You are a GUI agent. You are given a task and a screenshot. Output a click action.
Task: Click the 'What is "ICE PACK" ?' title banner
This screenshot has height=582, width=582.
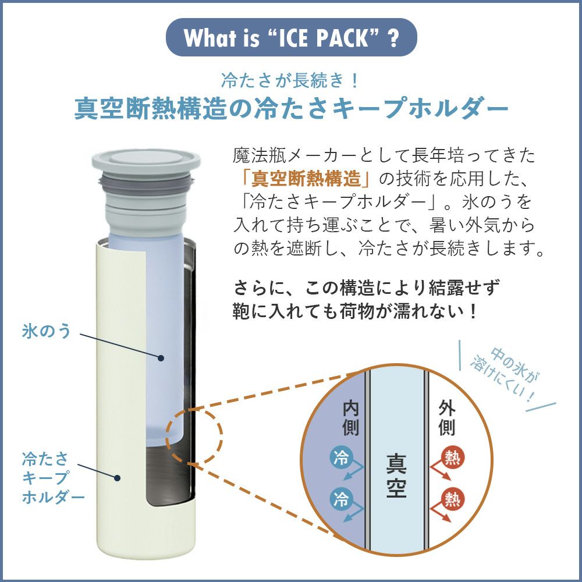coord(292,37)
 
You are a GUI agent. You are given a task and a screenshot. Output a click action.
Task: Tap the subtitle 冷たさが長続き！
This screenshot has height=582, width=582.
coord(292,80)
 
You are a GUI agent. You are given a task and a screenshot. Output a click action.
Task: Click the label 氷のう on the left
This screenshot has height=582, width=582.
coord(46,331)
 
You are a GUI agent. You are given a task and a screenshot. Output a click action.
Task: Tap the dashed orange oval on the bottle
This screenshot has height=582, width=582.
coord(194,435)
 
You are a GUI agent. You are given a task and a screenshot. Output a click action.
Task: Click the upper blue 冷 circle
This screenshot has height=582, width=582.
coord(340,456)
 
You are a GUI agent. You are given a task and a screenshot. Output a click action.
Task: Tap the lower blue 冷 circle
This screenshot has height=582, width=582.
coord(340,498)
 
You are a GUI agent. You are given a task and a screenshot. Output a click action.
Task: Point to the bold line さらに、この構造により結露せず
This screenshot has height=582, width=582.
coord(367,288)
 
